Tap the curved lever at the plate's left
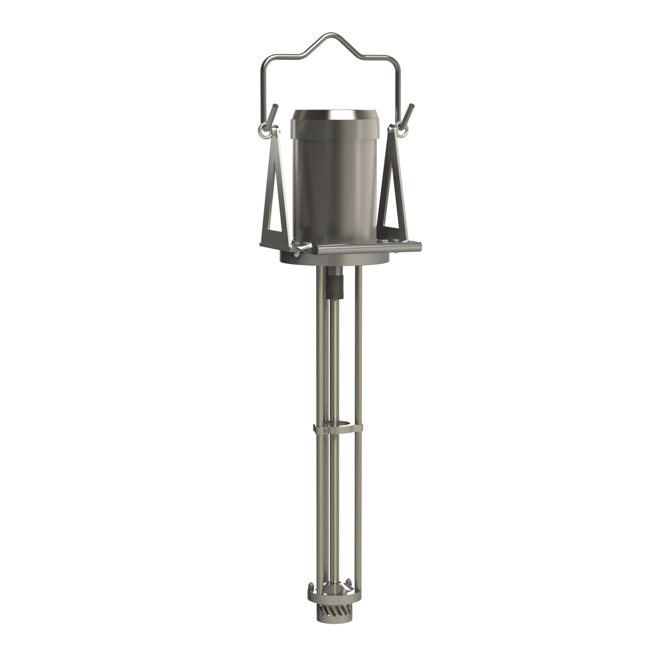click(301, 247)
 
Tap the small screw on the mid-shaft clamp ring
click(324, 431)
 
